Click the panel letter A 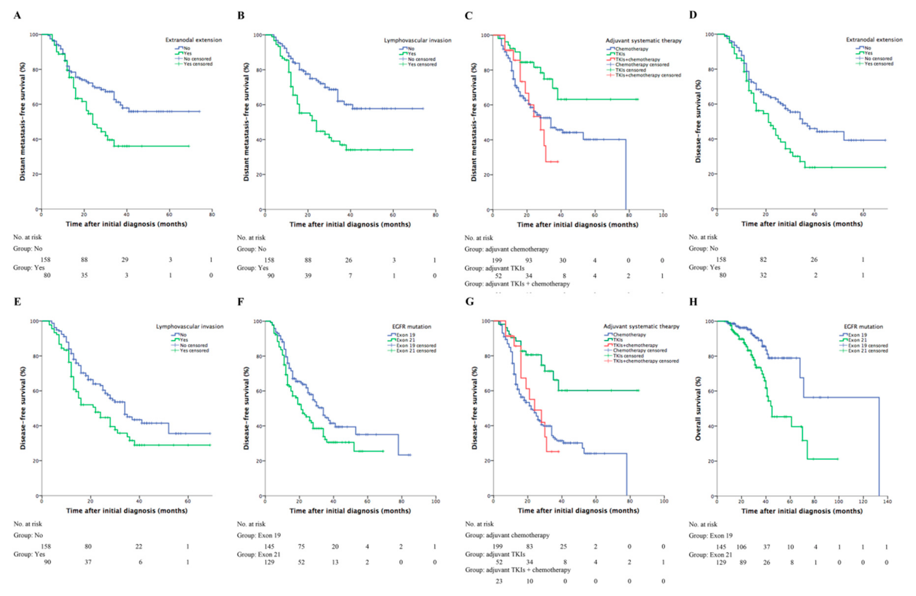click(x=17, y=15)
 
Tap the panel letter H click(x=693, y=301)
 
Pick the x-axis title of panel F click(x=350, y=511)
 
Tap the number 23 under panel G click(x=499, y=581)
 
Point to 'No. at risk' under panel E click(x=28, y=524)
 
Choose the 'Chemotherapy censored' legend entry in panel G click(x=640, y=350)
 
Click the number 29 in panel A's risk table click(x=125, y=260)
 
